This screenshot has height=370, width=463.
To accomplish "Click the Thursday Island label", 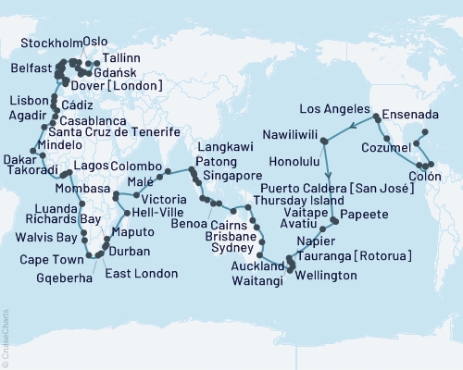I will [290, 199].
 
